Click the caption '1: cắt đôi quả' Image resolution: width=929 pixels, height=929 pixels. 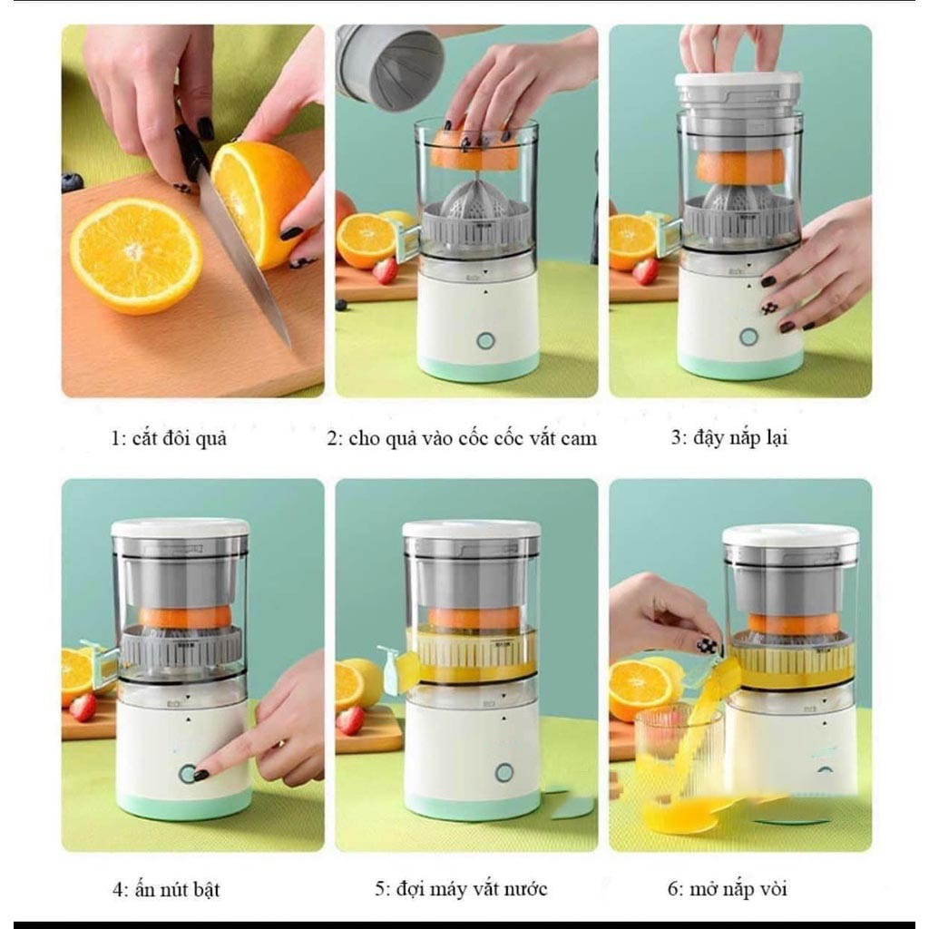pyautogui.click(x=169, y=439)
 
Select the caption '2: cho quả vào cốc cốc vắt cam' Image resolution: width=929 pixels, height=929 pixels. pyautogui.click(x=462, y=439)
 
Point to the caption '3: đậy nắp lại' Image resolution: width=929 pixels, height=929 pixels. pyautogui.click(x=729, y=437)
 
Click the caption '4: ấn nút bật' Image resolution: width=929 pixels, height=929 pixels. pyautogui.click(x=166, y=889)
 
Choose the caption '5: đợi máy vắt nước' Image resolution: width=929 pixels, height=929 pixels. pyautogui.click(x=461, y=888)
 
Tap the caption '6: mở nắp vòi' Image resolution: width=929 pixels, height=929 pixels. pyautogui.click(x=728, y=888)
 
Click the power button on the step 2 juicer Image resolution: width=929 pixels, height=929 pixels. pyautogui.click(x=486, y=340)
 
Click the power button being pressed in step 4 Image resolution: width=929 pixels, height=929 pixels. pyautogui.click(x=188, y=773)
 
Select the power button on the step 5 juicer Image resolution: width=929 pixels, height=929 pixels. pyautogui.click(x=504, y=772)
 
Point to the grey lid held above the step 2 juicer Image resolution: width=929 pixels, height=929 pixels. pyautogui.click(x=389, y=65)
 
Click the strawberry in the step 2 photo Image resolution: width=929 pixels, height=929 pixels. pyautogui.click(x=385, y=270)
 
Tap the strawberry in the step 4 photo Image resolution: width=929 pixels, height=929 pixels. pyautogui.click(x=83, y=707)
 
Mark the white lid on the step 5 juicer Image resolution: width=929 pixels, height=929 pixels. pyautogui.click(x=471, y=529)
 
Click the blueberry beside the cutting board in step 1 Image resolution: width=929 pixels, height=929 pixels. pyautogui.click(x=73, y=182)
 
